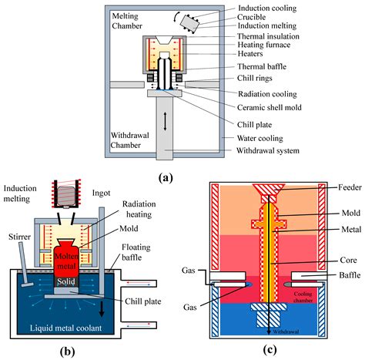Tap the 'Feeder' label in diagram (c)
pos(337,186)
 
